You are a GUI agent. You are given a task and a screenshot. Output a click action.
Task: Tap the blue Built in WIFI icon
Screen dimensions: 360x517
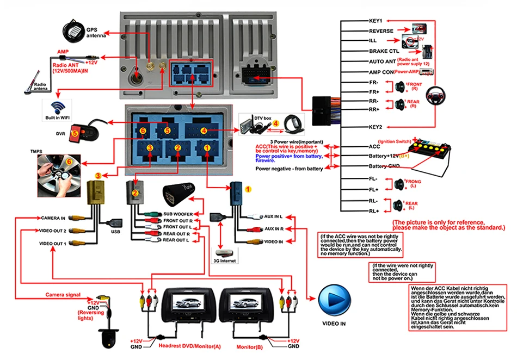click(x=58, y=105)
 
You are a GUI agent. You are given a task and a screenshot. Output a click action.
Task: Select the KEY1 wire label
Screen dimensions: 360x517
click(x=376, y=21)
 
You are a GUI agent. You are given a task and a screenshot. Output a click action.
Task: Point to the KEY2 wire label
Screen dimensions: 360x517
click(x=376, y=127)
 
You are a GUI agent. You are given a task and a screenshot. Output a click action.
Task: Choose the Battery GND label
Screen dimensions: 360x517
click(x=385, y=166)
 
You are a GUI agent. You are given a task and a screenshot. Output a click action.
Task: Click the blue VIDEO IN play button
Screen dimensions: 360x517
click(x=333, y=299)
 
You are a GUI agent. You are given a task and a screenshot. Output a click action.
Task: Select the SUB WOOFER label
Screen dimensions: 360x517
click(x=178, y=214)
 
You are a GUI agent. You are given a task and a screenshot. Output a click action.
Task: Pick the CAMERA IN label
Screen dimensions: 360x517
click(x=53, y=218)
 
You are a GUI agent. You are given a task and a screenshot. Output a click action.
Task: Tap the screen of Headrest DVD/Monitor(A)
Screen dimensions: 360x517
click(x=182, y=300)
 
